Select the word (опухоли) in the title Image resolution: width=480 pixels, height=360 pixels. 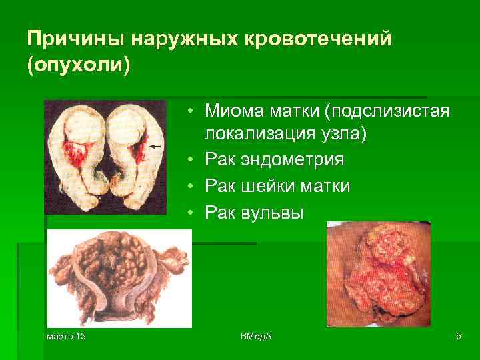click(x=78, y=67)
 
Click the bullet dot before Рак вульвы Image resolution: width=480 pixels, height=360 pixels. click(x=191, y=213)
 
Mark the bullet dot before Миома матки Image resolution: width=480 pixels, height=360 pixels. click(x=191, y=109)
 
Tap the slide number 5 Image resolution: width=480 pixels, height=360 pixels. click(x=459, y=337)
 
